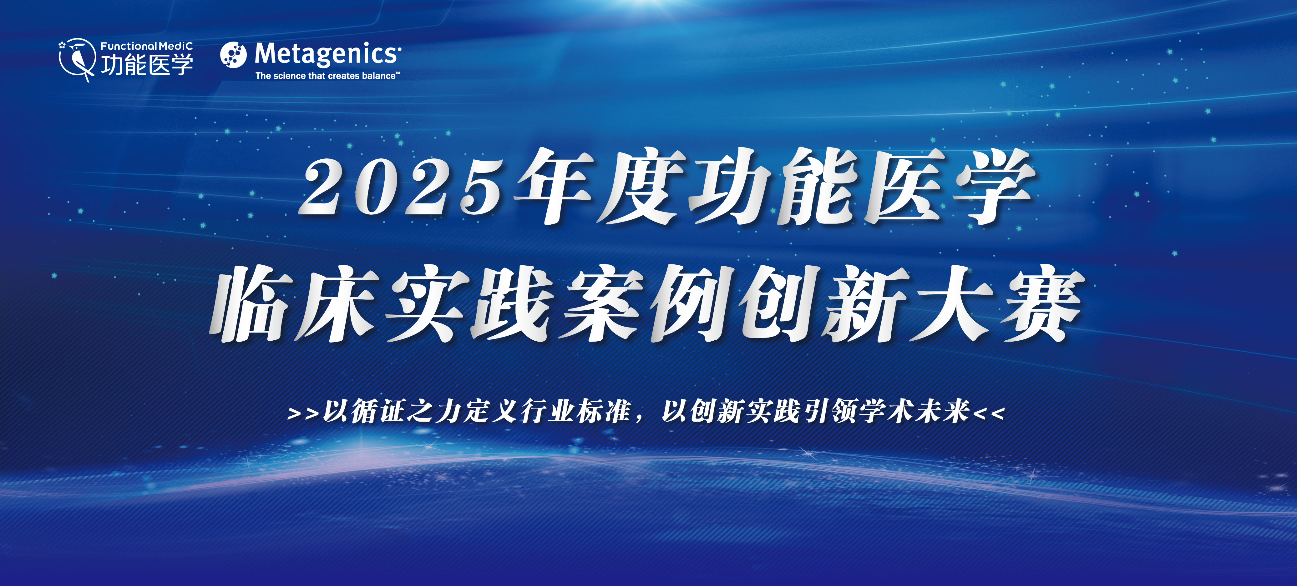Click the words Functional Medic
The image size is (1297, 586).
pos(146,46)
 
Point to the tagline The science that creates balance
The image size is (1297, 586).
pos(327,76)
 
